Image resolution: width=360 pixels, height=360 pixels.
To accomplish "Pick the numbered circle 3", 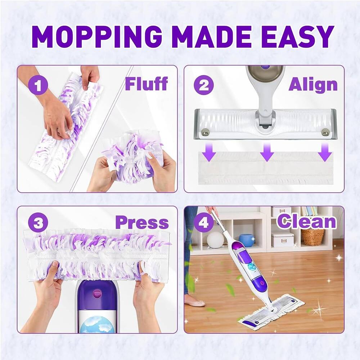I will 37,224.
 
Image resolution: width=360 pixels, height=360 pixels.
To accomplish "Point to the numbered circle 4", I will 204,223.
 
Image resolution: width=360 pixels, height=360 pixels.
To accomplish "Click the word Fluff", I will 146,84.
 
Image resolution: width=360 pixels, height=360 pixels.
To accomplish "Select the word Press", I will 142,223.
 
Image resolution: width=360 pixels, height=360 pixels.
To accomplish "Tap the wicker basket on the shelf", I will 313,237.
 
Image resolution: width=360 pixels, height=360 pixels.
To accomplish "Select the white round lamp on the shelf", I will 215,240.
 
